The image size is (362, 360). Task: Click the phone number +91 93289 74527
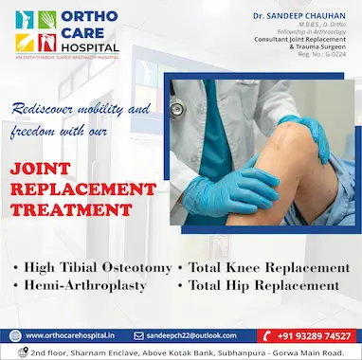click(314, 335)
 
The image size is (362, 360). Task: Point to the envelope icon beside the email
click(138, 335)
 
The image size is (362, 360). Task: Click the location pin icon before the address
click(20, 351)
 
